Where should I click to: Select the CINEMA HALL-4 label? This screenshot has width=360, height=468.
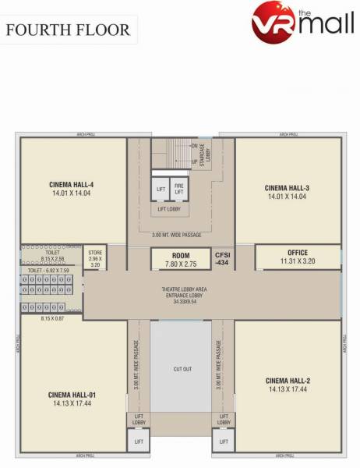coord(72,185)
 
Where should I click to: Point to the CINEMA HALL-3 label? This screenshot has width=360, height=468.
coord(288,188)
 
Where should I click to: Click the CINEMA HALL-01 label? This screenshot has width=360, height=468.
coord(72,395)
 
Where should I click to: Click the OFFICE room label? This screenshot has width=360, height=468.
coord(298,253)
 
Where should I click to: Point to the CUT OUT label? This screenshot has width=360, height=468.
coord(182,369)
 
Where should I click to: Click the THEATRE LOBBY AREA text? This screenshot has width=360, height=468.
coord(184,289)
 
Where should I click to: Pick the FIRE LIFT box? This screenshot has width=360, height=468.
coord(179,189)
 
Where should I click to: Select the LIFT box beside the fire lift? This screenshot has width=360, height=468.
coord(161,190)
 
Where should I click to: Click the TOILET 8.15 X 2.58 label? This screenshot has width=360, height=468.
coord(51,255)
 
